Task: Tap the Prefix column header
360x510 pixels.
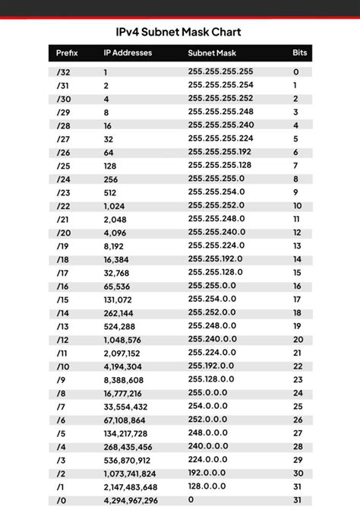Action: tap(68, 53)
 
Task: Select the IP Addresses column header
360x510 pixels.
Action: tap(128, 53)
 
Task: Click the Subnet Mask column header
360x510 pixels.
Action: tap(213, 53)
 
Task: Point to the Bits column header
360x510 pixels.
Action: tap(300, 53)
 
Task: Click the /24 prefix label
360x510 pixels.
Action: tap(63, 179)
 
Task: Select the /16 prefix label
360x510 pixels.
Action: tap(63, 286)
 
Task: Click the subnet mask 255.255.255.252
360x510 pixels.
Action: tap(221, 98)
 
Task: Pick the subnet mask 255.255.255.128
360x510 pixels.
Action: tap(219, 165)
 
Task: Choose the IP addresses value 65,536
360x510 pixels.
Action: tap(118, 287)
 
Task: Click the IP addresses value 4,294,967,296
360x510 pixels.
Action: tap(130, 501)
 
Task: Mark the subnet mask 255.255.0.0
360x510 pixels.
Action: tap(212, 285)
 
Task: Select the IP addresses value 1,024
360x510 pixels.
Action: tap(115, 206)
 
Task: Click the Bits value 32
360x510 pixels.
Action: tap(297, 501)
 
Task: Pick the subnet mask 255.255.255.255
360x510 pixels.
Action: tap(221, 71)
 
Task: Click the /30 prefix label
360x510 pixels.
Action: tap(63, 99)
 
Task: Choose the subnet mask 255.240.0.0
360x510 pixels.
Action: tap(212, 339)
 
